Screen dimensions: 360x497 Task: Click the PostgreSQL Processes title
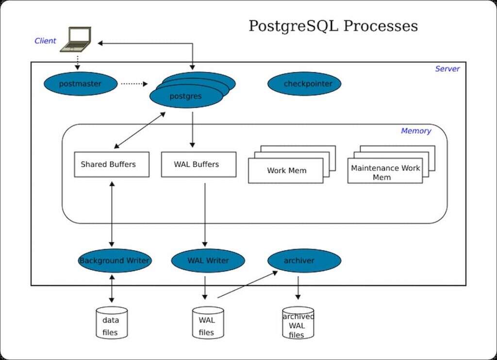tap(333, 26)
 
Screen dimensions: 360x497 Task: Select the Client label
tap(45, 41)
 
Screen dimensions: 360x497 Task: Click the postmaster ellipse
tap(81, 84)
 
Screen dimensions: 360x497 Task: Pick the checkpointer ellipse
tap(304, 84)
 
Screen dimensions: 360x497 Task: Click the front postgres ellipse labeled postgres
tap(186, 97)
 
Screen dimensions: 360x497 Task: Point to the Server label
tap(447, 69)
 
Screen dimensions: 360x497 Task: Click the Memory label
tap(415, 131)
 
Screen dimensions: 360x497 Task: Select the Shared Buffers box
tap(112, 164)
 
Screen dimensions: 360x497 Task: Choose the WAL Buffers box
tap(199, 164)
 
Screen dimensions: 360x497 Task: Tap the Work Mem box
tap(285, 171)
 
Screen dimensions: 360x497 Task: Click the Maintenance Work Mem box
tap(385, 172)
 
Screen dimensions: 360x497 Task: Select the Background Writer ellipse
tap(115, 261)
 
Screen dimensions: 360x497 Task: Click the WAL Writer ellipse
tap(208, 261)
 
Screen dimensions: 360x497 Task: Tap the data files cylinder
tap(112, 323)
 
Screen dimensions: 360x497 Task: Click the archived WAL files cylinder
tap(298, 323)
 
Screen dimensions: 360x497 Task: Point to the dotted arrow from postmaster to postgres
tap(133, 84)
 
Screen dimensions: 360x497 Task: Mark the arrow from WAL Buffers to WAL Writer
tap(205, 213)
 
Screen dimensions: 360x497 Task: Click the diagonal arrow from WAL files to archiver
tap(248, 284)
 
